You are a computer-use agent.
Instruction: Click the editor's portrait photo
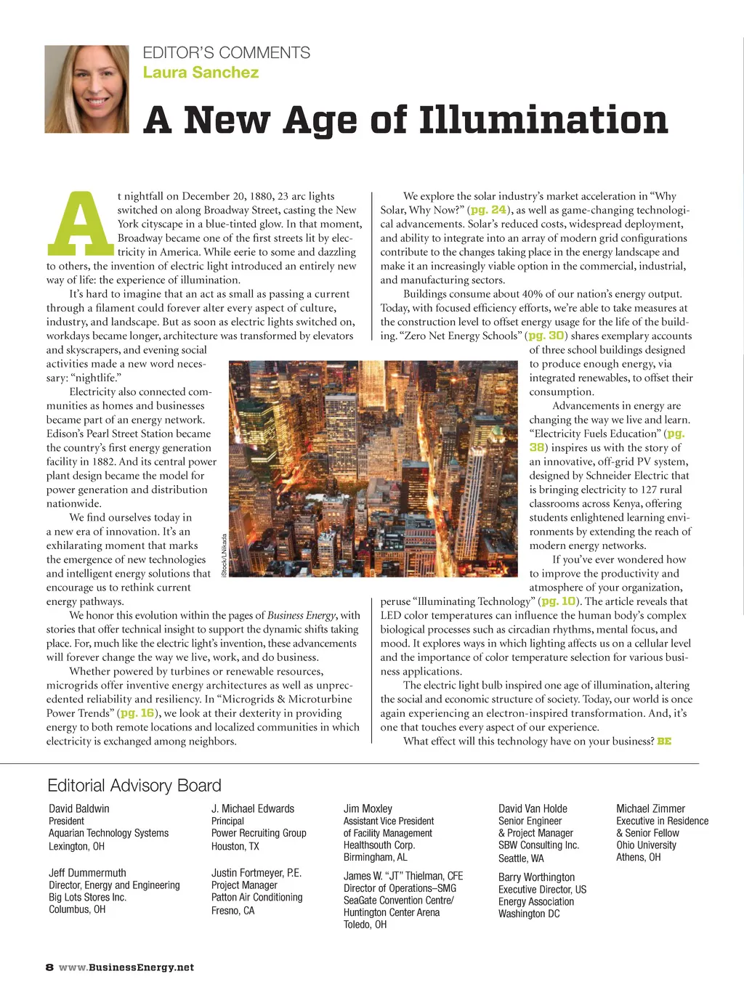coord(86,89)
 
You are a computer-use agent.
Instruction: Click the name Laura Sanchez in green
coord(201,73)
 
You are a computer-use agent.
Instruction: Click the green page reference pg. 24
coord(488,210)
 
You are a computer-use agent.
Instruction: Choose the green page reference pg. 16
coord(137,713)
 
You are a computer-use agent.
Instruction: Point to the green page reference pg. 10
coord(559,601)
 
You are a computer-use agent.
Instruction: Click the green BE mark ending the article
coord(664,742)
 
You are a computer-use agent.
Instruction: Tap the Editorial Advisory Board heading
coord(134,786)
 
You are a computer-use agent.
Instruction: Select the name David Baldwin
coord(79,808)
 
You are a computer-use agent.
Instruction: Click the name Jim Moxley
coord(368,808)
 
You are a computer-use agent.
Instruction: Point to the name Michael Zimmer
coord(650,808)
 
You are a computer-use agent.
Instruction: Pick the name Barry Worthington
coord(536,877)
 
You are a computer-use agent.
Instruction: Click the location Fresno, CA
coord(232,910)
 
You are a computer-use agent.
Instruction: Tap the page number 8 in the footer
coord(49,967)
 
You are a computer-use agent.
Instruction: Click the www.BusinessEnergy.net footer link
coord(126,967)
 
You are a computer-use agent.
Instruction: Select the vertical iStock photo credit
coord(225,556)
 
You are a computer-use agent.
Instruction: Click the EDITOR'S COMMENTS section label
coord(226,53)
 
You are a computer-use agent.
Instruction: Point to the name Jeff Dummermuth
coord(87,873)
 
